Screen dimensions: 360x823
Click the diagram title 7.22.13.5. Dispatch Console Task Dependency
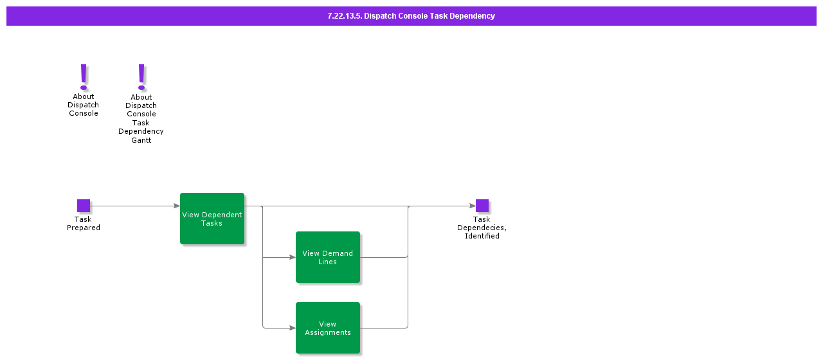click(x=411, y=16)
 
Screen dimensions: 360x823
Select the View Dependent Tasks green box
click(x=212, y=219)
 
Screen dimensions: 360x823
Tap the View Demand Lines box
click(x=328, y=257)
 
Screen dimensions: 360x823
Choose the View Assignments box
click(x=328, y=328)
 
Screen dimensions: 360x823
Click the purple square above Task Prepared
click(x=84, y=206)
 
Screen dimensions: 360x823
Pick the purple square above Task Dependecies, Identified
click(x=482, y=206)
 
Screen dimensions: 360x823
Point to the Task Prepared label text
click(x=84, y=224)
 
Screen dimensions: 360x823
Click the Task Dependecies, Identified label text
click(x=482, y=228)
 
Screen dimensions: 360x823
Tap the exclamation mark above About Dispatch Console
click(x=84, y=76)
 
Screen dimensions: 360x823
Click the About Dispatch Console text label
click(x=84, y=105)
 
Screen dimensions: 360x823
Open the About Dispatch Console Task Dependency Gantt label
click(x=141, y=118)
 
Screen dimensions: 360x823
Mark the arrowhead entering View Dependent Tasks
click(x=176, y=206)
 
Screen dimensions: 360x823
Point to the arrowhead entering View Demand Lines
click(x=292, y=257)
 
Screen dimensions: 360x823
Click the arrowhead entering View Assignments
click(x=292, y=328)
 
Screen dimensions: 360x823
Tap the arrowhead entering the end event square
click(x=472, y=206)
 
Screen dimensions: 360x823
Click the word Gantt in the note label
click(x=141, y=140)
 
